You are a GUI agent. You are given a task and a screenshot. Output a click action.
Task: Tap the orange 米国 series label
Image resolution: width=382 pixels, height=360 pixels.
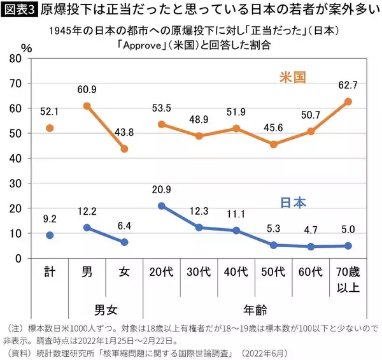(x=294, y=77)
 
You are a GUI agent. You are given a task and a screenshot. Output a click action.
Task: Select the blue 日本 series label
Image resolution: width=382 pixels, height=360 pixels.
(x=294, y=203)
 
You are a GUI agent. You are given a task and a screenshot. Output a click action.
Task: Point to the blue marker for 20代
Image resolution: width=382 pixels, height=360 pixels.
(x=162, y=206)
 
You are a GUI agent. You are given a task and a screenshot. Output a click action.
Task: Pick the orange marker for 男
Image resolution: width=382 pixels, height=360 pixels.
(x=87, y=106)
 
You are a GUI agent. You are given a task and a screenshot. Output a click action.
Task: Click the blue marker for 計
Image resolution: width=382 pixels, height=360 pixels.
(x=49, y=235)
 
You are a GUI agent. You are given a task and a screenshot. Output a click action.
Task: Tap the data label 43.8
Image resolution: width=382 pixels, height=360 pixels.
(x=124, y=132)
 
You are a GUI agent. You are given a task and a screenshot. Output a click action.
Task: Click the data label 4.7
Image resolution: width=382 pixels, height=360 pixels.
(x=312, y=231)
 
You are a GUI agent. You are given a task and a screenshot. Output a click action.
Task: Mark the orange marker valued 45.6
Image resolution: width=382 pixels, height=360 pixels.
(x=274, y=144)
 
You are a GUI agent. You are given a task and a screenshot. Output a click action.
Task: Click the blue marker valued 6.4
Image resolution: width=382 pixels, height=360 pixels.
(x=124, y=242)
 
